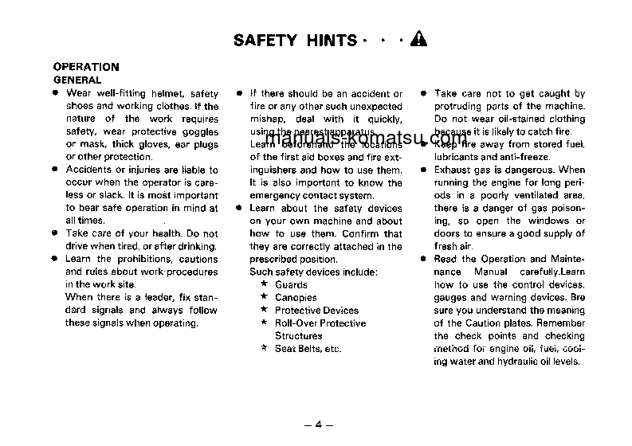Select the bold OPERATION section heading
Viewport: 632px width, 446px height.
point(85,67)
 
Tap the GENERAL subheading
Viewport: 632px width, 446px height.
point(77,80)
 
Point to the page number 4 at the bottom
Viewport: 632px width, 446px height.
point(317,424)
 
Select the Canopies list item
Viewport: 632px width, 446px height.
point(296,297)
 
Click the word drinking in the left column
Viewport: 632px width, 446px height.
point(196,246)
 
